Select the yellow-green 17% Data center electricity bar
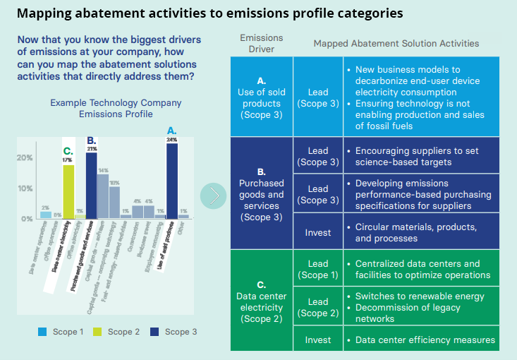tap(68, 191)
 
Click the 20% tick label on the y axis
tap(25, 157)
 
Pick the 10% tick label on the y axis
tap(25, 188)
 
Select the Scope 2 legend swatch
tap(97, 331)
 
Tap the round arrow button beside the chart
tap(214, 196)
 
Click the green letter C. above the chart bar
tap(68, 150)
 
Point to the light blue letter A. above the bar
tap(171, 131)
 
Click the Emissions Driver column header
tap(262, 44)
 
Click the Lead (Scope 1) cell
tap(318, 269)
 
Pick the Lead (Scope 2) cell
tap(318, 306)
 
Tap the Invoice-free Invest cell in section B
tap(318, 232)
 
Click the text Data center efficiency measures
tap(425, 340)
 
